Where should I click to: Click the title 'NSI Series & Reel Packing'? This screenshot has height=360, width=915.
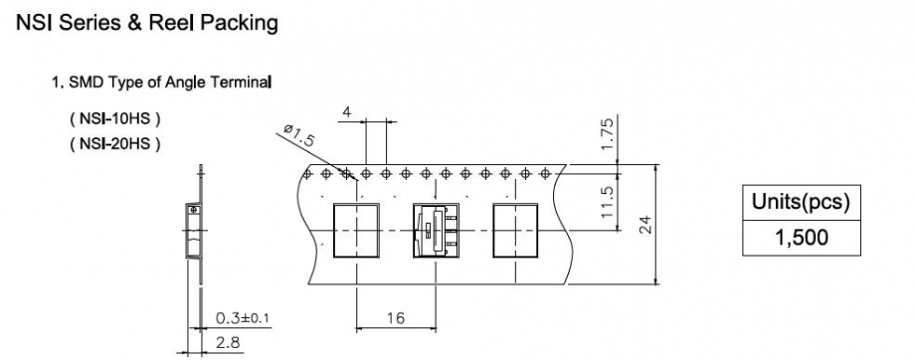[x=147, y=23]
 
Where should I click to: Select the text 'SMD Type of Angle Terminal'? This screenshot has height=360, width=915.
[x=170, y=83]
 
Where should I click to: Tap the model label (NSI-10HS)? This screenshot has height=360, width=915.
[x=115, y=119]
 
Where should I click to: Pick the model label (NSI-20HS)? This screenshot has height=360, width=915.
[x=115, y=143]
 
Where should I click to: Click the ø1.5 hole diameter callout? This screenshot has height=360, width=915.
[x=299, y=136]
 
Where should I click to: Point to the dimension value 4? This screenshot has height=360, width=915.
[x=347, y=112]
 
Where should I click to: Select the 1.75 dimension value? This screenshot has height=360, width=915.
[x=607, y=132]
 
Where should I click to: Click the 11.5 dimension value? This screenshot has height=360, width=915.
[x=607, y=202]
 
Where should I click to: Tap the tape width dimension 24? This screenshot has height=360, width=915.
[x=644, y=225]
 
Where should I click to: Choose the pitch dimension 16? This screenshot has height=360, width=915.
[x=395, y=318]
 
